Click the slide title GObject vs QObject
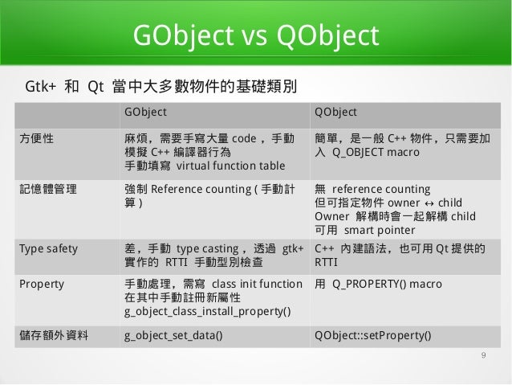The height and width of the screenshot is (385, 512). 255,36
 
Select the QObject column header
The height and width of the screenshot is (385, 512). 336,111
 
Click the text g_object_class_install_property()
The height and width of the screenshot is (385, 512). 208,311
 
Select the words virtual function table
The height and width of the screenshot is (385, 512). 230,166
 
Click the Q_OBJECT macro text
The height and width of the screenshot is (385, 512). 369,153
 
